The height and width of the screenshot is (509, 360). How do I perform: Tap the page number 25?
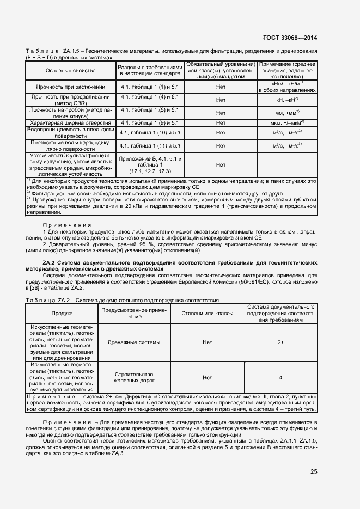(314, 471)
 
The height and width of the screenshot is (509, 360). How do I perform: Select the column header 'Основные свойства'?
(70, 71)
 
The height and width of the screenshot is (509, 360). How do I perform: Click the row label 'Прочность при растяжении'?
(70, 87)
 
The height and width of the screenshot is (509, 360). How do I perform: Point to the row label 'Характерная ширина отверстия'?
(70, 123)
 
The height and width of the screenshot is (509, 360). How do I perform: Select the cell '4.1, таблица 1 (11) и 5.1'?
(150, 146)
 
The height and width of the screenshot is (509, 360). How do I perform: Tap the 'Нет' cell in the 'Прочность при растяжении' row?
(221, 87)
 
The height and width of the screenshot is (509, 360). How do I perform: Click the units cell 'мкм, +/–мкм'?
(287, 123)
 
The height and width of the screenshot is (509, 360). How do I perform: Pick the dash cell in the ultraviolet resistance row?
(287, 164)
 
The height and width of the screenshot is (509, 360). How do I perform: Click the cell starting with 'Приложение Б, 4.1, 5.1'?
(150, 164)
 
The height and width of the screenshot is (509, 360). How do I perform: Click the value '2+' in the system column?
(280, 342)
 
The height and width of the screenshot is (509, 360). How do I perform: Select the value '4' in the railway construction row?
(280, 377)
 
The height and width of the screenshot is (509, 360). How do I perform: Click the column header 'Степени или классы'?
(208, 314)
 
